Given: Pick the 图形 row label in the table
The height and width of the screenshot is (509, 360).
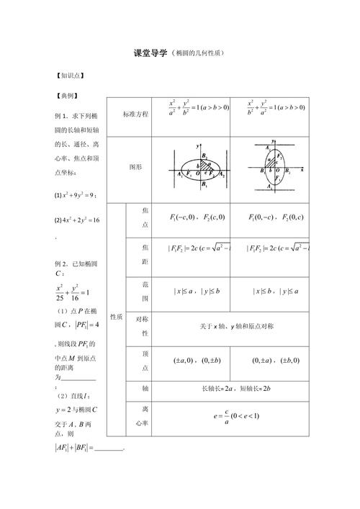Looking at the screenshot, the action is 136,166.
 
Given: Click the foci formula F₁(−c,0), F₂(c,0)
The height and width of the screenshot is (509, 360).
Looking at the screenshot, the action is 197,217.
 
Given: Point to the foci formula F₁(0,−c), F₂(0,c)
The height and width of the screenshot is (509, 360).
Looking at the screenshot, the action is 276,217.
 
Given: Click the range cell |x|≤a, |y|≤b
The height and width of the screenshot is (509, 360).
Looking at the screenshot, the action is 197,291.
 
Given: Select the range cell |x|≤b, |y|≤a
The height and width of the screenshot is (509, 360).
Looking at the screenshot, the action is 276,291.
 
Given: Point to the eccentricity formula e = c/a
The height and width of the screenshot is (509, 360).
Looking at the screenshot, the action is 236,417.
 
